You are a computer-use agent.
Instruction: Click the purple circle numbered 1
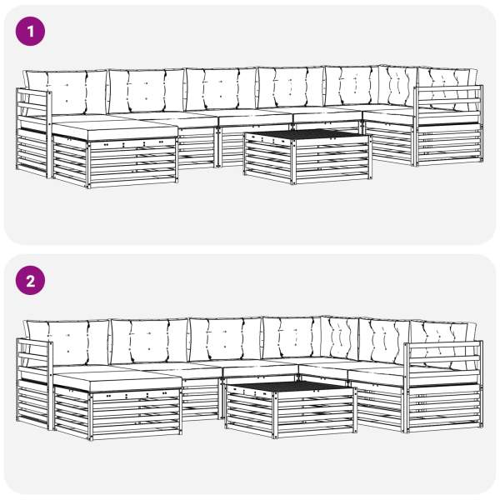[x=30, y=32]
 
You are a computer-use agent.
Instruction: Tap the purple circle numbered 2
[x=30, y=281]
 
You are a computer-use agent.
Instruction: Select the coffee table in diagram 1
[x=307, y=157]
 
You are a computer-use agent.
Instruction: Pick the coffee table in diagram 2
[x=291, y=410]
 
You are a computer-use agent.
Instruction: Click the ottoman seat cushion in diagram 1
[x=115, y=130]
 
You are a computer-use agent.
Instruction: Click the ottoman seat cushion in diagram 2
[x=117, y=382]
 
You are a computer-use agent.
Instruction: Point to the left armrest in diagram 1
[x=34, y=133]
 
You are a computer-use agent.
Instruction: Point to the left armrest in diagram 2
[x=34, y=384]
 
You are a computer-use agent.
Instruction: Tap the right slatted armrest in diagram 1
[x=448, y=126]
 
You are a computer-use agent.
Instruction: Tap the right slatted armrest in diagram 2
[x=443, y=387]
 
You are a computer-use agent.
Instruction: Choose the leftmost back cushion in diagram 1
[x=67, y=92]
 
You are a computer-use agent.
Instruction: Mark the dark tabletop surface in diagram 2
[x=291, y=386]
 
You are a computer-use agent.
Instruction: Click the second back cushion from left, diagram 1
[x=147, y=91]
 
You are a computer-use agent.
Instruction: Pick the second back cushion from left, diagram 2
[x=149, y=341]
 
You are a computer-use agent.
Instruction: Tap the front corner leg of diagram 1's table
[x=293, y=162]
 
